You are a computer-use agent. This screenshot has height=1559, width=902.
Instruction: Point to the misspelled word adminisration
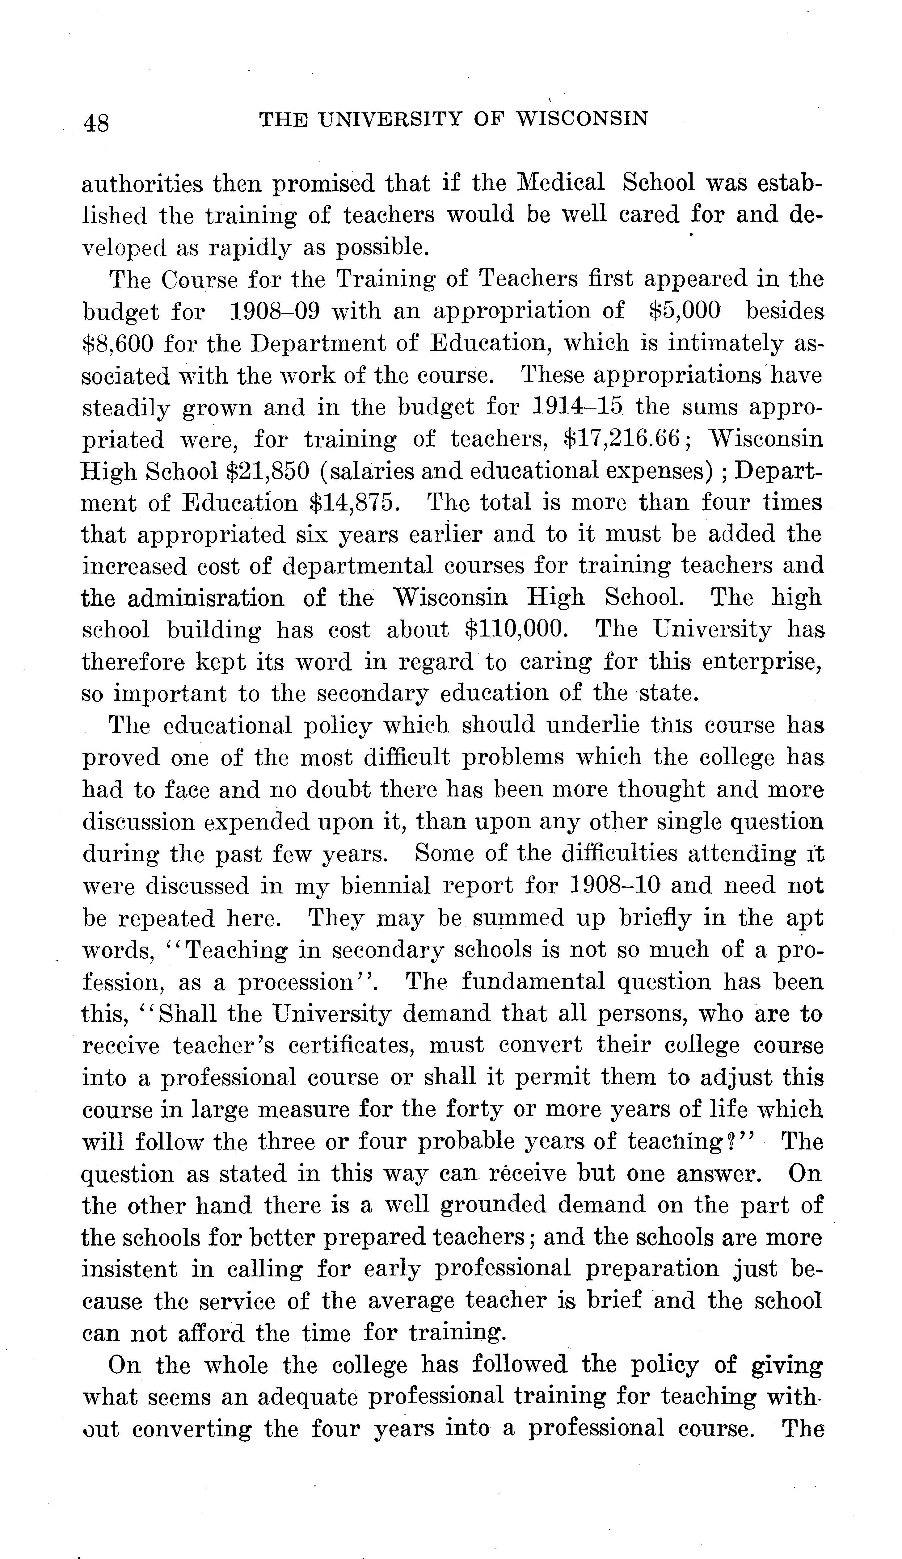pyautogui.click(x=206, y=598)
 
